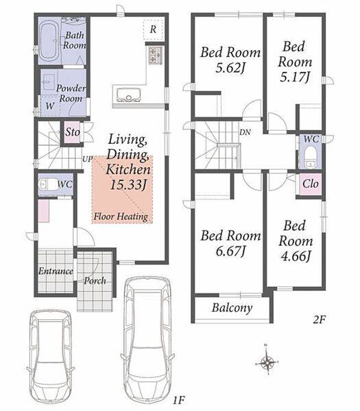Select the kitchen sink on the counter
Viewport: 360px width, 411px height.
pyautogui.click(x=129, y=95)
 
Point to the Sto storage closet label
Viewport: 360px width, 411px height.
pyautogui.click(x=73, y=132)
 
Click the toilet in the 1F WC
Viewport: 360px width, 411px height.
pyautogui.click(x=47, y=184)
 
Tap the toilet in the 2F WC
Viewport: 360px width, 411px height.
pyautogui.click(x=311, y=155)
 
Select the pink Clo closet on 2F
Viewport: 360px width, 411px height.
pyautogui.click(x=311, y=184)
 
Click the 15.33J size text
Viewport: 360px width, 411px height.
pyautogui.click(x=128, y=185)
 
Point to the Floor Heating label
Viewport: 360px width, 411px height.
pyautogui.click(x=121, y=216)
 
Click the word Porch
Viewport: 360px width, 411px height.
pyautogui.click(x=95, y=281)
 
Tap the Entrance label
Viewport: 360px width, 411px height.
pyautogui.click(x=56, y=271)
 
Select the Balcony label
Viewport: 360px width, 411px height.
pyautogui.click(x=232, y=308)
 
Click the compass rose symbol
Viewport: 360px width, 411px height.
pyautogui.click(x=267, y=363)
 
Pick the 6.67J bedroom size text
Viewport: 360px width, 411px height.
pyautogui.click(x=230, y=251)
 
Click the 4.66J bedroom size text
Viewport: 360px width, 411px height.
pyautogui.click(x=296, y=256)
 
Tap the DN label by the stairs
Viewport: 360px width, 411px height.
pyautogui.click(x=245, y=132)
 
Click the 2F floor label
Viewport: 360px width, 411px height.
pyautogui.click(x=320, y=319)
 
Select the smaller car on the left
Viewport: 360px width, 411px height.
pyautogui.click(x=50, y=358)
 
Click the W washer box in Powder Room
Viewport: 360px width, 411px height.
pyautogui.click(x=49, y=105)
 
